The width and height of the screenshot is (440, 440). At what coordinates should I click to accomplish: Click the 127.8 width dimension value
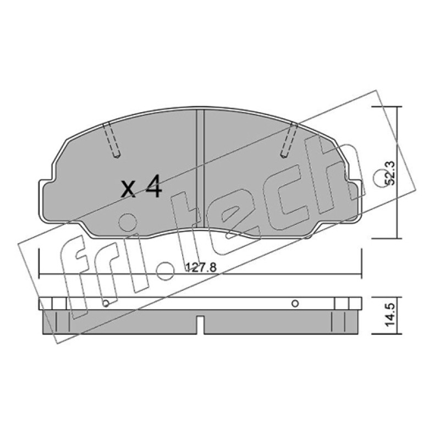[201, 267]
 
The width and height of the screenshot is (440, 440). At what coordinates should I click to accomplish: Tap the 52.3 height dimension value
[389, 173]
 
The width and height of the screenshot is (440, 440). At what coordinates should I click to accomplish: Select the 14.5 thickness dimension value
[390, 315]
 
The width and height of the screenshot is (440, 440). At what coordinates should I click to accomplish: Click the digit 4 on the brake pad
[153, 186]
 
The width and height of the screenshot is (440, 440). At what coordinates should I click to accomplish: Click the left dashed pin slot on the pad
[112, 140]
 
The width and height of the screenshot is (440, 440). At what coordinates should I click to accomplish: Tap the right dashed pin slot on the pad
[289, 140]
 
